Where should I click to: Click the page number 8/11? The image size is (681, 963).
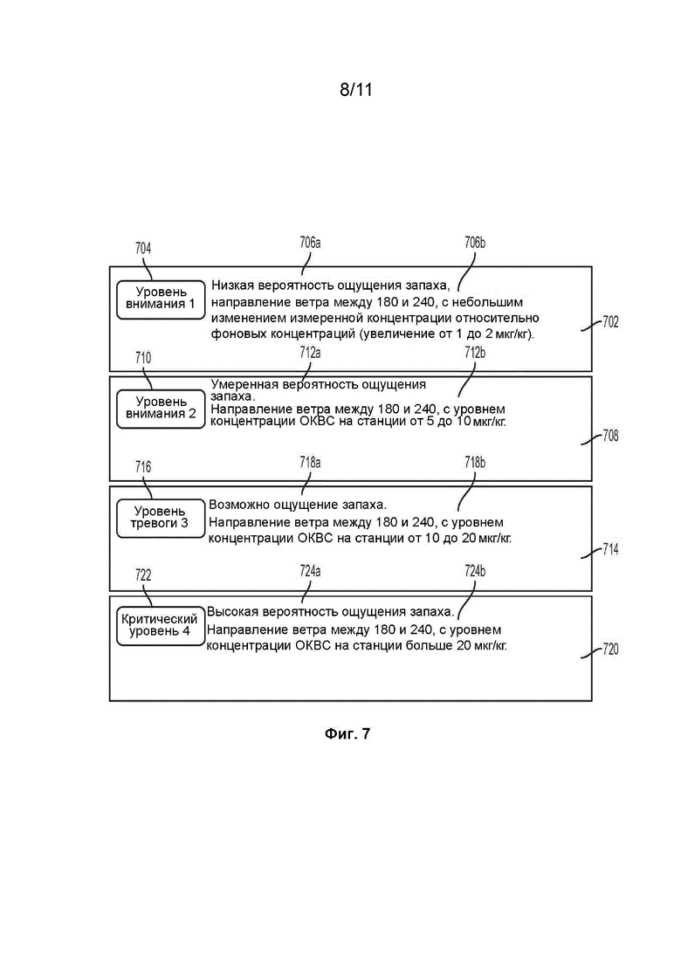[x=356, y=90]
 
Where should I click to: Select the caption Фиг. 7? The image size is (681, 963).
[x=347, y=733]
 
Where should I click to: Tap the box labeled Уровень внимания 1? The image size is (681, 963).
[x=161, y=299]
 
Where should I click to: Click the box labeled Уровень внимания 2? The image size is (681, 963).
[x=161, y=409]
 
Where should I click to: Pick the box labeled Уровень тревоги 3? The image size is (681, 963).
[x=161, y=519]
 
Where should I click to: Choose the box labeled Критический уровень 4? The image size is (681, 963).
[x=161, y=626]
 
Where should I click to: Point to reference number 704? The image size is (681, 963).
[x=143, y=248]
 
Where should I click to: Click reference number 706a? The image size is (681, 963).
[x=310, y=243]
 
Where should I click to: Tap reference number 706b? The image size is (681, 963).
[x=475, y=243]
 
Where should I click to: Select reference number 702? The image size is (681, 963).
[x=610, y=322]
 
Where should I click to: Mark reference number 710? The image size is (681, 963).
[x=143, y=357]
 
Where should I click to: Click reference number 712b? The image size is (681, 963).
[x=475, y=353]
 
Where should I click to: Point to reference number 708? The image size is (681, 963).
[x=610, y=436]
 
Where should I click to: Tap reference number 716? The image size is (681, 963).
[x=143, y=467]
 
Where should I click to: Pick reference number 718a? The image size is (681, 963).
[x=310, y=462]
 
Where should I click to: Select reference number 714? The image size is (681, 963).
[x=610, y=549]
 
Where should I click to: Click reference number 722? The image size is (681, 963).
[x=143, y=574]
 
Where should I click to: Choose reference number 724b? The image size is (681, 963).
[x=475, y=571]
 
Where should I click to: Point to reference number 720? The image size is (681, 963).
[x=610, y=650]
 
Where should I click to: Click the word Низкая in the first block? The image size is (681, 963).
[x=232, y=285]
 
